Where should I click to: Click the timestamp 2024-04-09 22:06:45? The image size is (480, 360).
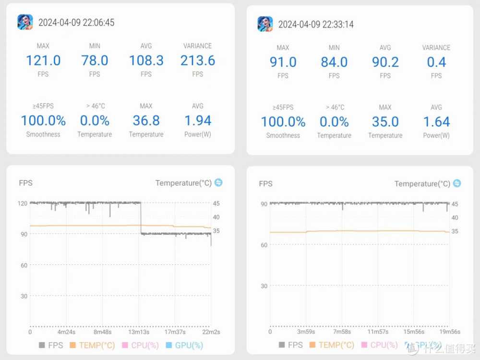(x=76, y=23)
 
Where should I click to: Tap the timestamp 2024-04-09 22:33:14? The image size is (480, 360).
(x=316, y=24)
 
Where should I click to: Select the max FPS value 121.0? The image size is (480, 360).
(x=43, y=60)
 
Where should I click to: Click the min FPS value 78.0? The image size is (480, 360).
(x=95, y=60)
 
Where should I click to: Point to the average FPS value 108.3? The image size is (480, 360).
(x=146, y=60)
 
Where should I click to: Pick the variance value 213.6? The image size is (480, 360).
(x=197, y=60)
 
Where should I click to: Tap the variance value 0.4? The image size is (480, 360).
(x=436, y=62)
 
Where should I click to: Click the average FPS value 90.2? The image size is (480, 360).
(x=385, y=62)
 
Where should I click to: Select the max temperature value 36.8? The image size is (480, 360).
(x=146, y=120)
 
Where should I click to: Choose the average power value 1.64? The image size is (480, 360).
(x=436, y=121)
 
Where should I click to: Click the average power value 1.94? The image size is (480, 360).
(x=197, y=120)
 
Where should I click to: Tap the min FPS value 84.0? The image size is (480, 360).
(x=334, y=62)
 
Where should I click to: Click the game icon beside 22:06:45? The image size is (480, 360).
(x=25, y=22)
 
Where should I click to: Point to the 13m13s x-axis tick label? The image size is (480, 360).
(x=139, y=332)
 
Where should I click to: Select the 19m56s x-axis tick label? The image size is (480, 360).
(x=450, y=332)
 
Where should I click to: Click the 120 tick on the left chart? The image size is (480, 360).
(x=23, y=203)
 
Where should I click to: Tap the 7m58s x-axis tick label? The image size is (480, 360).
(x=342, y=332)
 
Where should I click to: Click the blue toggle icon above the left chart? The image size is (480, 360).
(x=218, y=183)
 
